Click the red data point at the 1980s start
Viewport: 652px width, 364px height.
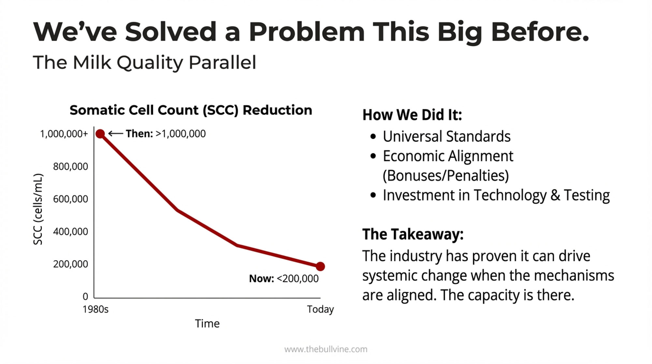pyautogui.click(x=100, y=134)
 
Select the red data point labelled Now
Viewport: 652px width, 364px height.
pyautogui.click(x=320, y=266)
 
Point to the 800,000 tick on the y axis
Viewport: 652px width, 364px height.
pyautogui.click(x=70, y=166)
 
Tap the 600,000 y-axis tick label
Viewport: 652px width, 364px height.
pyautogui.click(x=70, y=199)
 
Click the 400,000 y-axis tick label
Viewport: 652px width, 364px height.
pyautogui.click(x=70, y=231)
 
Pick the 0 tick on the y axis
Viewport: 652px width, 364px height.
pyautogui.click(x=85, y=296)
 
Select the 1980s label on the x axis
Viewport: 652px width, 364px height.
pyautogui.click(x=96, y=309)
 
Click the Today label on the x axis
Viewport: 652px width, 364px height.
pyautogui.click(x=320, y=309)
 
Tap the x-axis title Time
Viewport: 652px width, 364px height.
pyautogui.click(x=207, y=324)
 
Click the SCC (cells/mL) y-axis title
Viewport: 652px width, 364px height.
pyautogui.click(x=38, y=209)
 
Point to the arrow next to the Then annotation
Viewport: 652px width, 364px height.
pyautogui.click(x=115, y=133)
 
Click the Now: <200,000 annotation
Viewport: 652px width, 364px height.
pyautogui.click(x=284, y=279)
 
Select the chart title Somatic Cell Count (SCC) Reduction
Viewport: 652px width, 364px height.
pyautogui.click(x=191, y=110)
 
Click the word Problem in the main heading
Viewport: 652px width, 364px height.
pyautogui.click(x=306, y=32)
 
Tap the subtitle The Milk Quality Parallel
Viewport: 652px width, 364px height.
pyautogui.click(x=144, y=62)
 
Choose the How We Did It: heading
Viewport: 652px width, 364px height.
pyautogui.click(x=412, y=115)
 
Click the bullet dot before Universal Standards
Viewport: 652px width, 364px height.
pyautogui.click(x=373, y=137)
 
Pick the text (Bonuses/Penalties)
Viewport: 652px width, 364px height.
pyautogui.click(x=446, y=175)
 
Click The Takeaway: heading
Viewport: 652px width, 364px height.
pyautogui.click(x=413, y=234)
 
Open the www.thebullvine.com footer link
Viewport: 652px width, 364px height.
pyautogui.click(x=326, y=349)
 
